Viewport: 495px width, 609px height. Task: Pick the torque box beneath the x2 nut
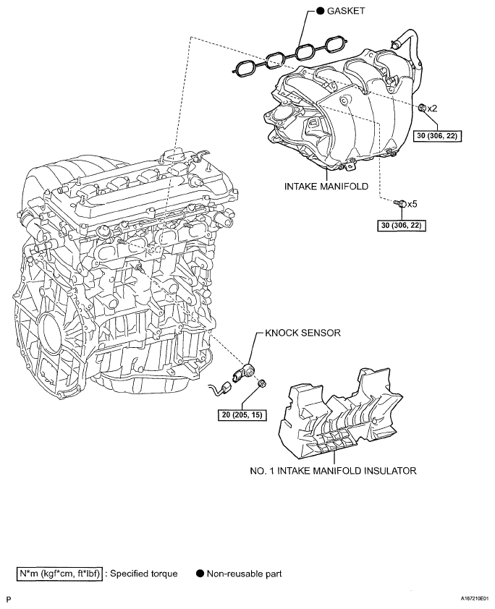tap(437, 135)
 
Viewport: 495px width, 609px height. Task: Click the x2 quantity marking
tap(433, 108)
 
